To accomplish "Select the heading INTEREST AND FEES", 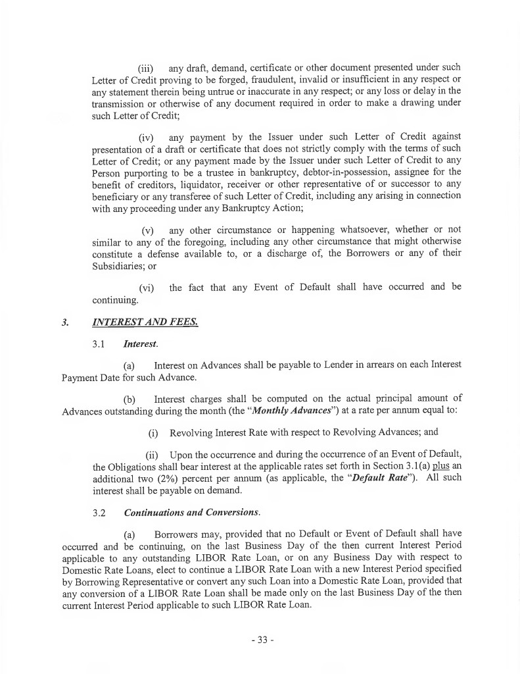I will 143,323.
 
